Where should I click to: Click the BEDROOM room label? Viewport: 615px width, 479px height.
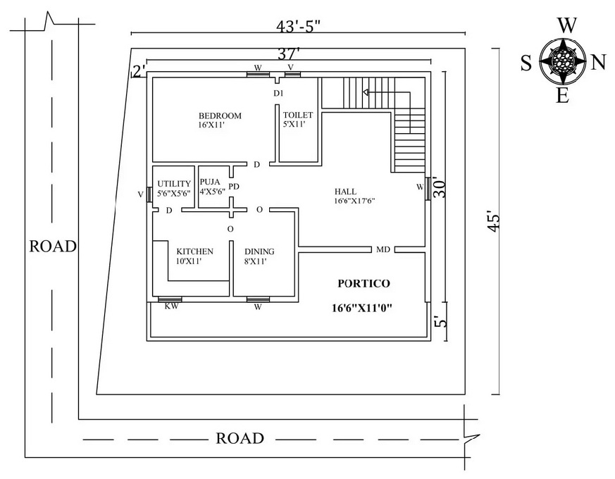pyautogui.click(x=219, y=116)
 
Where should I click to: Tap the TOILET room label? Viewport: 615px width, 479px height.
pyautogui.click(x=297, y=116)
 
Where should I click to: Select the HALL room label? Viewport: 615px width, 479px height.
pyautogui.click(x=345, y=192)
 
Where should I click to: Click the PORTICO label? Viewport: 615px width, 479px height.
pyautogui.click(x=363, y=283)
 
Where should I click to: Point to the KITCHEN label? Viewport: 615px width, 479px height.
pyautogui.click(x=194, y=251)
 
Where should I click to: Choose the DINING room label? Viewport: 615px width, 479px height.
pyautogui.click(x=259, y=251)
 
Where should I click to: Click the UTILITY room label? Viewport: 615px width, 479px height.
pyautogui.click(x=174, y=184)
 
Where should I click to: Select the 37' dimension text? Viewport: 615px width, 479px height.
pyautogui.click(x=288, y=52)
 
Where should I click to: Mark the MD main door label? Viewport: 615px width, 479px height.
pyautogui.click(x=383, y=249)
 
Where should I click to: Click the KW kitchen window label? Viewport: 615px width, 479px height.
pyautogui.click(x=170, y=306)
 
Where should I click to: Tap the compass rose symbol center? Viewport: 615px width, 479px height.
pyautogui.click(x=562, y=62)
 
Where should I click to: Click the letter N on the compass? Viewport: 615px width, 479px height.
pyautogui.click(x=598, y=63)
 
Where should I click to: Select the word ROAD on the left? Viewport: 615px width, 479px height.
pyautogui.click(x=53, y=247)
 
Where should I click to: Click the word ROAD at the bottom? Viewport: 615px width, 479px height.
pyautogui.click(x=240, y=439)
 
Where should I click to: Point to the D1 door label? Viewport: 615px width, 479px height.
pyautogui.click(x=278, y=93)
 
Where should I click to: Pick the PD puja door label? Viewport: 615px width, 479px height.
pyautogui.click(x=234, y=187)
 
